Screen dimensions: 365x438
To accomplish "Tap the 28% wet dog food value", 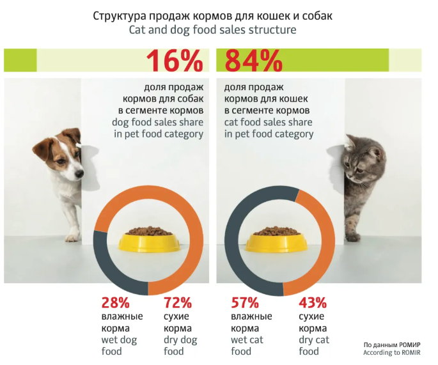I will point(116,303).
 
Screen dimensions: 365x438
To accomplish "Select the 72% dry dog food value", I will point(178,303).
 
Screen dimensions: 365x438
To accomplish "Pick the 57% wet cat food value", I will point(245,303).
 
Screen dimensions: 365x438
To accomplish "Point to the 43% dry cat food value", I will point(313,303).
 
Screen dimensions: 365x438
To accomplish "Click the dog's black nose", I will point(78,173).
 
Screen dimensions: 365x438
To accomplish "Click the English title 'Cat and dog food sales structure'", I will point(213,29).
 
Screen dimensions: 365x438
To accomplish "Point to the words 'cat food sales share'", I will point(269,121).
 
